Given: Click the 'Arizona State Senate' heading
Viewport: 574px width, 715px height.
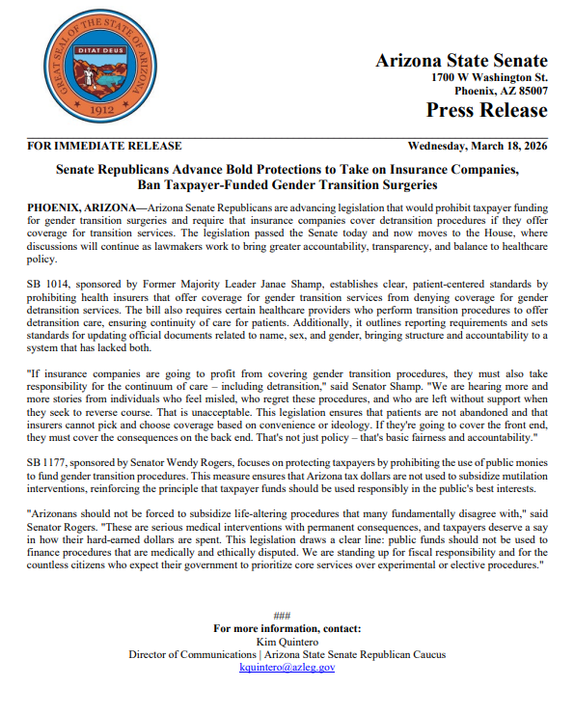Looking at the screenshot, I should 461,60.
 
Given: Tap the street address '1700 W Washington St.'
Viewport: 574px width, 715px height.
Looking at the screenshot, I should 490,77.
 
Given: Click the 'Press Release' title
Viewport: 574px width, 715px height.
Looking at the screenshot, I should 486,110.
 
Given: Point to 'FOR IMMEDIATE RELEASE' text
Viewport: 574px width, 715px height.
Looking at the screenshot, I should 104,147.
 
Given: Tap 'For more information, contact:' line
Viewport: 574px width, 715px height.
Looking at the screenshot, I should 287,628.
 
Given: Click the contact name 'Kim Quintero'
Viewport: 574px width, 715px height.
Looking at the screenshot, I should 287,641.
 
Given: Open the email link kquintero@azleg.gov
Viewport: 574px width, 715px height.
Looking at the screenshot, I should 287,667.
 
